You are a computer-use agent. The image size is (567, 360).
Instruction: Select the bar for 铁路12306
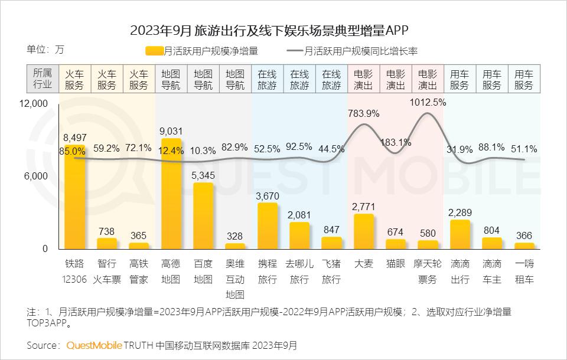(74, 197)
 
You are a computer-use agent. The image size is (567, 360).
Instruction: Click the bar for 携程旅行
(267, 226)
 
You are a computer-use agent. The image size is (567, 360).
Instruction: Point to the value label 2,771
(363, 206)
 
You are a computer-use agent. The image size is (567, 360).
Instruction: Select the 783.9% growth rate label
(364, 113)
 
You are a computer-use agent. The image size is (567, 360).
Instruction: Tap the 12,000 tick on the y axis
(33, 104)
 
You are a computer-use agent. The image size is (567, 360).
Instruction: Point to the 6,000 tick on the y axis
(35, 176)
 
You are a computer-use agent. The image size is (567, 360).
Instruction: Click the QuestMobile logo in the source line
(94, 345)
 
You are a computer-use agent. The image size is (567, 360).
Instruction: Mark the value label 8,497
(75, 138)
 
